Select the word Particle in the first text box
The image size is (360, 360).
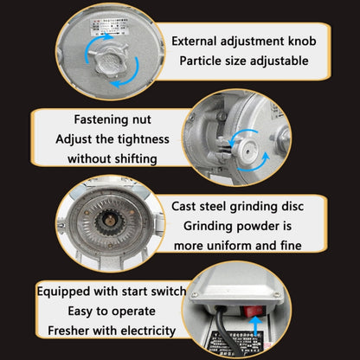(x=204, y=61)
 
